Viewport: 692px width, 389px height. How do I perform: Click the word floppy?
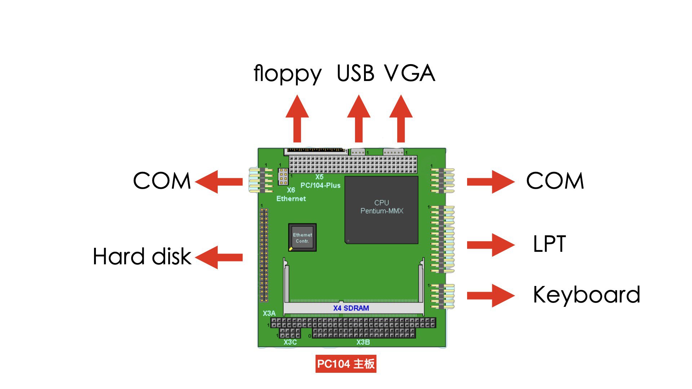287,74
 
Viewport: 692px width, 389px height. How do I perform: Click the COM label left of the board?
162,181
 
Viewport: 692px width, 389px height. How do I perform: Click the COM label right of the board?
555,181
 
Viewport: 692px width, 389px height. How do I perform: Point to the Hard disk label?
142,256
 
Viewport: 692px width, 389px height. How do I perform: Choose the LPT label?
549,244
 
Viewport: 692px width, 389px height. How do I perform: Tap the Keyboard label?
586,295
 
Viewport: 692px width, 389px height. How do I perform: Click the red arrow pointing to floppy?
297,119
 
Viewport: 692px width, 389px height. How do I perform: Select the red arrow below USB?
359,119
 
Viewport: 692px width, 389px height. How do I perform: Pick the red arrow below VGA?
401,119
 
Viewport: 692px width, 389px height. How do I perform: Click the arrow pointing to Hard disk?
219,257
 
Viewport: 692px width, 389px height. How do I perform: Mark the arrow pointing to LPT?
491,245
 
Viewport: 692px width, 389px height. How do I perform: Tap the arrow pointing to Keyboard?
491,295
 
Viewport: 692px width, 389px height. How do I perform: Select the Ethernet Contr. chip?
302,237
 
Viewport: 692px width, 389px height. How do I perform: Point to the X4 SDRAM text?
351,308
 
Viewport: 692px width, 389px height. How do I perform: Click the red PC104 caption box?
346,364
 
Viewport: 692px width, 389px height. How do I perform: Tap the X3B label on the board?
363,342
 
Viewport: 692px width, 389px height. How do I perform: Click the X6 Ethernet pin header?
283,176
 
